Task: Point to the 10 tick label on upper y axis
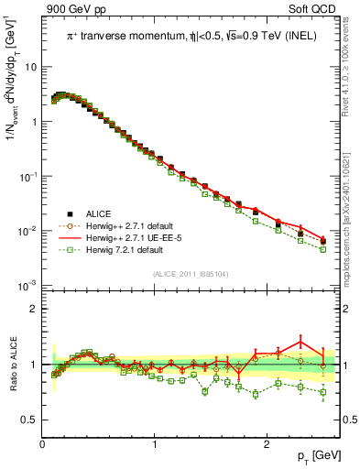click(30, 67)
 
